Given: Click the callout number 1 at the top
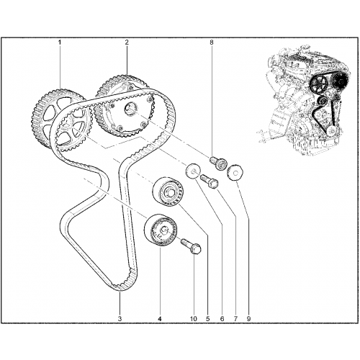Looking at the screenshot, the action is click(60, 42).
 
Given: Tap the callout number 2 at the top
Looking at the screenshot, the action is click(127, 42).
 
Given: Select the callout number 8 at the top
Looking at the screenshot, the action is click(212, 42).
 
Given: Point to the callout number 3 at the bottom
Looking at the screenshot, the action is click(120, 319).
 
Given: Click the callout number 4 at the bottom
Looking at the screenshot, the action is click(160, 319).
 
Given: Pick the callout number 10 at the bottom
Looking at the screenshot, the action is click(194, 319).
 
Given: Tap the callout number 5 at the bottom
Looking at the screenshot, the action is click(207, 319).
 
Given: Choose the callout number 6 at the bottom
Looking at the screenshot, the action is click(222, 319).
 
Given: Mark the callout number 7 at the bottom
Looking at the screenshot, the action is click(235, 319).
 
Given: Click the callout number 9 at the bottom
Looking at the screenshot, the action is click(248, 319).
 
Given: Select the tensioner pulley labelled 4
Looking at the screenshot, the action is click(161, 230).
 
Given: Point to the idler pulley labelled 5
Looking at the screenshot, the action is click(168, 192).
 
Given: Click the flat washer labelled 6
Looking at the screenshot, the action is click(193, 171).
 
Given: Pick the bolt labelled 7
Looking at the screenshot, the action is click(210, 181).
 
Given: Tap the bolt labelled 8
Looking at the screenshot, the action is click(218, 163).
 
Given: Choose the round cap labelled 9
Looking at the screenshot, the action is click(235, 172).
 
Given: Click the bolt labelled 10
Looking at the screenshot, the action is click(191, 246).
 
